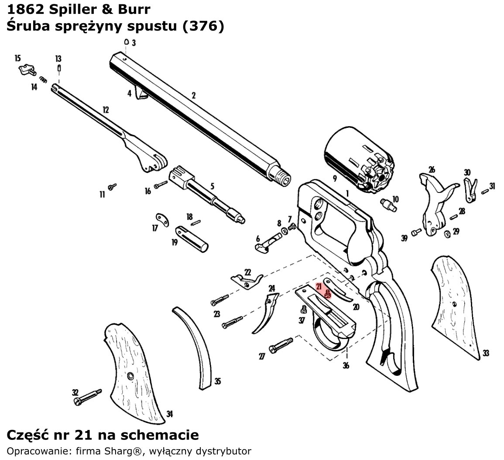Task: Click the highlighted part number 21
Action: [x=319, y=287]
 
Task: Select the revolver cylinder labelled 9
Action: [x=358, y=159]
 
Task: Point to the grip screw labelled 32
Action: [x=87, y=396]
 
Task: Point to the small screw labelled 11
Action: [x=113, y=186]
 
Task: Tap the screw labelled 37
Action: [x=302, y=310]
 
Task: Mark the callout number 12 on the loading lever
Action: [x=106, y=110]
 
